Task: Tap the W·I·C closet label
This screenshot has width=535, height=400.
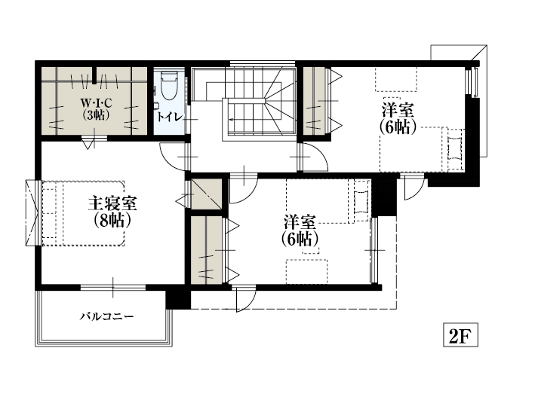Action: pos(97,102)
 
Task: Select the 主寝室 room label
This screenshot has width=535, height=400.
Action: pos(112,203)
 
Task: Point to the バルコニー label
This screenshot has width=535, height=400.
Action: pos(107,317)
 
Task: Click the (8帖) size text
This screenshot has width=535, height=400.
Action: pos(112,221)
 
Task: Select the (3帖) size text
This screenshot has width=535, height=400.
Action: pos(97,115)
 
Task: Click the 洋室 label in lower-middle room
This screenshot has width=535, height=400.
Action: pos(300,222)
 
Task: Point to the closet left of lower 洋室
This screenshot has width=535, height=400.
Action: pos(206,250)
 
